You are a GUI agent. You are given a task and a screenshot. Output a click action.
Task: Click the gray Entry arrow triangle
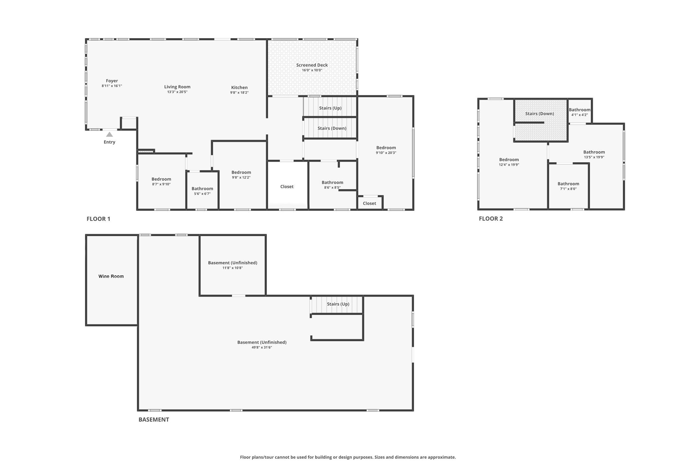pyautogui.click(x=110, y=134)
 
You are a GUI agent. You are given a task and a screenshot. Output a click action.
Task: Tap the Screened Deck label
pyautogui.click(x=312, y=65)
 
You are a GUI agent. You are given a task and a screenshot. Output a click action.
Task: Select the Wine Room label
pyautogui.click(x=111, y=276)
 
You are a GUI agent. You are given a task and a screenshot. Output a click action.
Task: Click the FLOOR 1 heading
pyautogui.click(x=98, y=219)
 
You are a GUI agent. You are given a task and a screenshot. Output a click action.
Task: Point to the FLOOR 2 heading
pyautogui.click(x=491, y=218)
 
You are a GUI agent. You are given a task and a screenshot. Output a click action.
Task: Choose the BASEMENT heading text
pyautogui.click(x=154, y=419)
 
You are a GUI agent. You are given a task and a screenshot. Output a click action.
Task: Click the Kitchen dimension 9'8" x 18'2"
pyautogui.click(x=239, y=93)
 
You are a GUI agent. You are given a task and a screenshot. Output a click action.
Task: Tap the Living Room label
pyautogui.click(x=177, y=87)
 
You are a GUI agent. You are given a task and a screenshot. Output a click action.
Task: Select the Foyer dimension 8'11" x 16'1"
pyautogui.click(x=112, y=86)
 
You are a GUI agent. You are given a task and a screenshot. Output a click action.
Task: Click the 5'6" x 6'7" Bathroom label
pyautogui.click(x=202, y=188)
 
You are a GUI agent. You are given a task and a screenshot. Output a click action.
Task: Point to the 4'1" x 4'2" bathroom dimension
pyautogui.click(x=579, y=115)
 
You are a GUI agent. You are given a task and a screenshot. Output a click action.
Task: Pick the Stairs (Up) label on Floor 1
pyautogui.click(x=330, y=108)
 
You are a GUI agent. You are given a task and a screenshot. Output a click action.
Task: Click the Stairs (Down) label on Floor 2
pyautogui.click(x=539, y=114)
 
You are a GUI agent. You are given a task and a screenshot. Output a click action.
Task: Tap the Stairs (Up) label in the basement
pyautogui.click(x=338, y=304)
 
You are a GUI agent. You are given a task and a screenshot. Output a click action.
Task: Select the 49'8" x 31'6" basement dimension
pyautogui.click(x=262, y=347)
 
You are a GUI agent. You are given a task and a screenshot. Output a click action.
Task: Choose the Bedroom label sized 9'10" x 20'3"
pyautogui.click(x=386, y=148)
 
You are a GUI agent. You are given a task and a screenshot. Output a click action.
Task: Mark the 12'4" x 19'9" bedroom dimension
pyautogui.click(x=509, y=165)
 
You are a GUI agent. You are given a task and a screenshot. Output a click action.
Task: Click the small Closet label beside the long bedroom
pyautogui.click(x=369, y=203)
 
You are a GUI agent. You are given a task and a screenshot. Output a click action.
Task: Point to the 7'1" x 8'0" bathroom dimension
pyautogui.click(x=568, y=189)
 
